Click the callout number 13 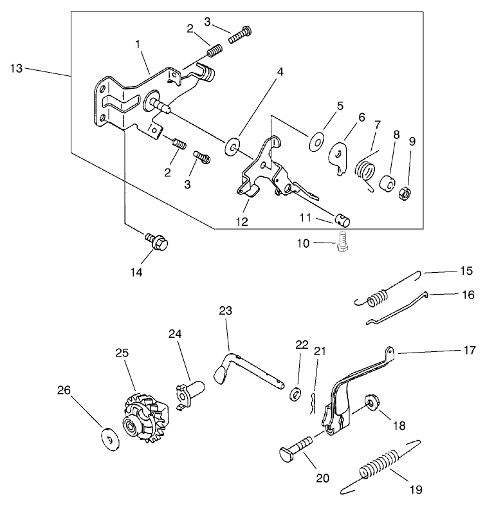[16, 68]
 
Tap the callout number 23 [224, 311]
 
